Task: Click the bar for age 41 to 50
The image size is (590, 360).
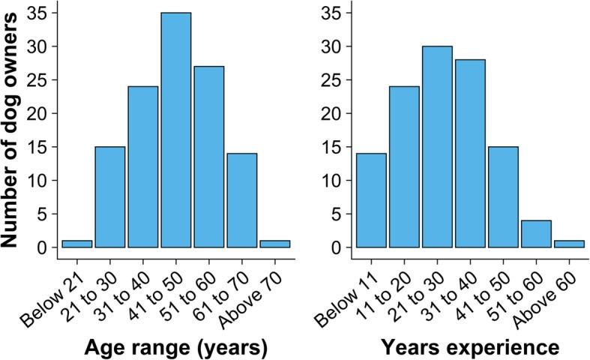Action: tap(175, 130)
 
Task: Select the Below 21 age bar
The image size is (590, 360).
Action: tap(76, 244)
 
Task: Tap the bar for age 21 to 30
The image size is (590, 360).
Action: tap(109, 196)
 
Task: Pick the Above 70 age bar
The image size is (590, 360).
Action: tap(274, 244)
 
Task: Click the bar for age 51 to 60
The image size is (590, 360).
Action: tap(208, 157)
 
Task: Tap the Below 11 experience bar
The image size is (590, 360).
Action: tap(371, 200)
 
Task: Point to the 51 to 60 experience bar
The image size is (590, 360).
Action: tap(536, 234)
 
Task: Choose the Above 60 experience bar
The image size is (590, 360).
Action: tap(569, 244)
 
